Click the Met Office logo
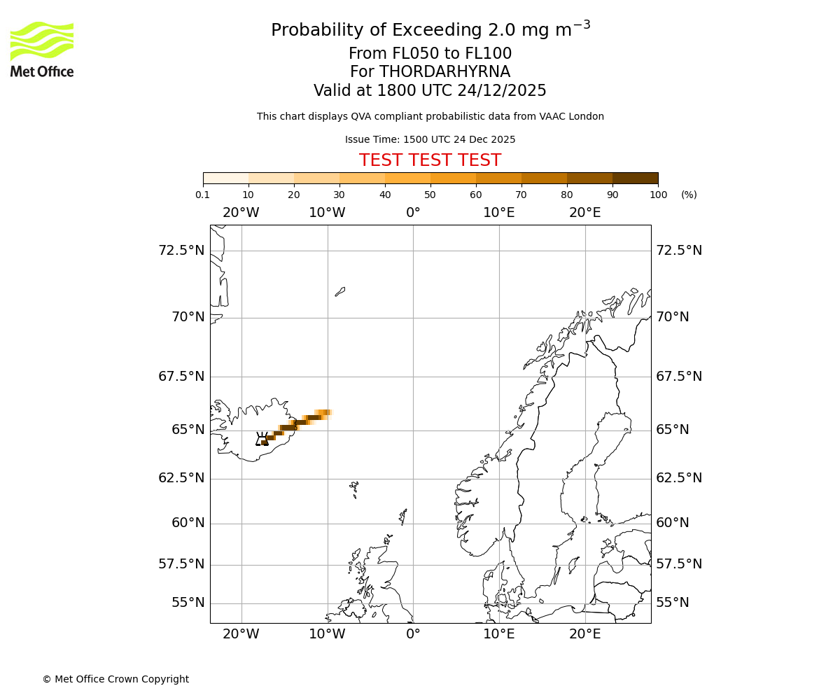pyautogui.click(x=42, y=49)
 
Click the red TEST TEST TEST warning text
pyautogui.click(x=430, y=161)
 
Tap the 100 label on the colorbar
pyautogui.click(x=658, y=195)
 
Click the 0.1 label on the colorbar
pyautogui.click(x=202, y=195)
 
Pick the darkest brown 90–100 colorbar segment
pyautogui.click(x=635, y=178)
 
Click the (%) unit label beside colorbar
pyautogui.click(x=689, y=195)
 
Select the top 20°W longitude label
pyautogui.click(x=241, y=213)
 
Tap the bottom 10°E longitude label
pyautogui.click(x=499, y=634)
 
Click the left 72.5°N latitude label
pyautogui.click(x=181, y=251)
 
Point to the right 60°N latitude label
pyautogui.click(x=673, y=523)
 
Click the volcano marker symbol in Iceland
pyautogui.click(x=262, y=439)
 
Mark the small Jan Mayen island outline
pyautogui.click(x=340, y=291)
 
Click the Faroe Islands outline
pyautogui.click(x=354, y=488)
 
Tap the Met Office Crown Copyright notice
pyautogui.click(x=115, y=679)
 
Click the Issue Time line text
pyautogui.click(x=430, y=140)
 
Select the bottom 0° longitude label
pyautogui.click(x=413, y=634)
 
